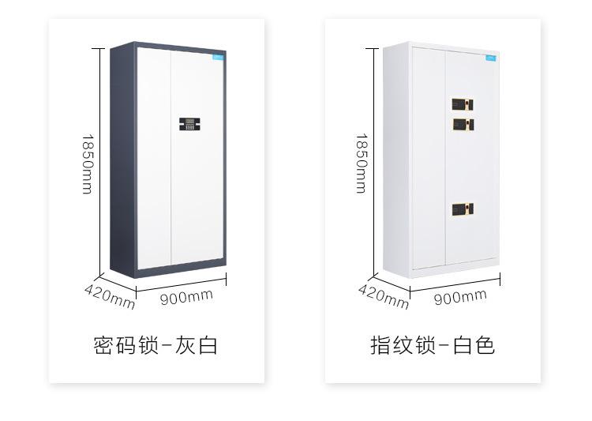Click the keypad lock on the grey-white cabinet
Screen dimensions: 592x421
pos(189,125)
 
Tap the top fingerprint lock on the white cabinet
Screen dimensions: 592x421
pos(463,104)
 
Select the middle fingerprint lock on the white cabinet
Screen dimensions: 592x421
pos(463,124)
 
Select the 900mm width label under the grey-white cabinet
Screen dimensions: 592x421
pos(186,296)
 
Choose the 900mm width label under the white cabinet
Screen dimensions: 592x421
pos(460,296)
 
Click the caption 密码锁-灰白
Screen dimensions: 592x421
pos(155,345)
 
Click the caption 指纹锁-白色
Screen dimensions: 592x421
pos(433,345)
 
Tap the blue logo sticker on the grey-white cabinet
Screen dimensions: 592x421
pos(218,57)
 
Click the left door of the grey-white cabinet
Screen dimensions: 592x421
pos(155,158)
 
